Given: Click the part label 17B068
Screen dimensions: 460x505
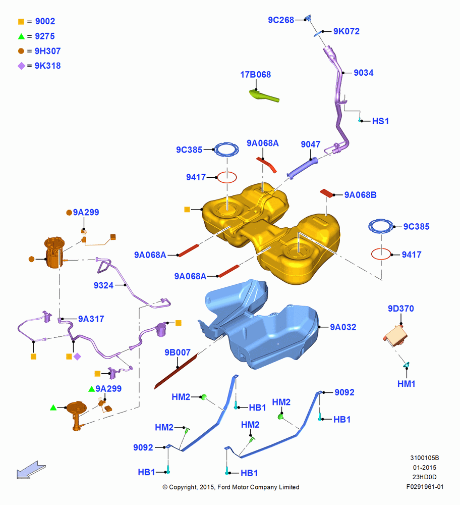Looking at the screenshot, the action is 255,75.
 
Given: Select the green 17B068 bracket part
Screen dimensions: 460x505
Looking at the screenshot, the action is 264,96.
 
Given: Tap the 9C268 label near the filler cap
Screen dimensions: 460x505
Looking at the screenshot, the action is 281,20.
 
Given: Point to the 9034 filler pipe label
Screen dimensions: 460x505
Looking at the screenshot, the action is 364,73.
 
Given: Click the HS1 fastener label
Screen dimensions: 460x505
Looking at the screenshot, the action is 380,121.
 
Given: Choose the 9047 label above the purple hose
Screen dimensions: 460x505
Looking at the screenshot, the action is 310,144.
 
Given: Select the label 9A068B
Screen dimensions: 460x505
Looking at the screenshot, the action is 360,195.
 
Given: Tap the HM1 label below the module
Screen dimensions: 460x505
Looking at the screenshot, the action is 406,384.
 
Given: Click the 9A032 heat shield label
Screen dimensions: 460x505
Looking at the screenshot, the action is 343,327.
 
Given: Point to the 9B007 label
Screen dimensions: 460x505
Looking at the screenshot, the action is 178,352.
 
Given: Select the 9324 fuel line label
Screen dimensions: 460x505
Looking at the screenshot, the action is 103,285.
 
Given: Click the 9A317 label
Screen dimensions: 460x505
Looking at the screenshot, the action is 91,319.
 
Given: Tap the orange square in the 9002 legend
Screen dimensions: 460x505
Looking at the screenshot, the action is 21,22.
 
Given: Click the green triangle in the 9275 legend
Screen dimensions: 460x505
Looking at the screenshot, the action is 21,36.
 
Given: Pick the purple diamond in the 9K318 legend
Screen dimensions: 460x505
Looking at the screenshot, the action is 21,66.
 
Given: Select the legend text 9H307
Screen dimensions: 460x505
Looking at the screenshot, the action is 47,51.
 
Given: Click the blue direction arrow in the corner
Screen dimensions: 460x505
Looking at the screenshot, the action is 31,470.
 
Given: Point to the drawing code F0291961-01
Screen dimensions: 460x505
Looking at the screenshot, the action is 425,487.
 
